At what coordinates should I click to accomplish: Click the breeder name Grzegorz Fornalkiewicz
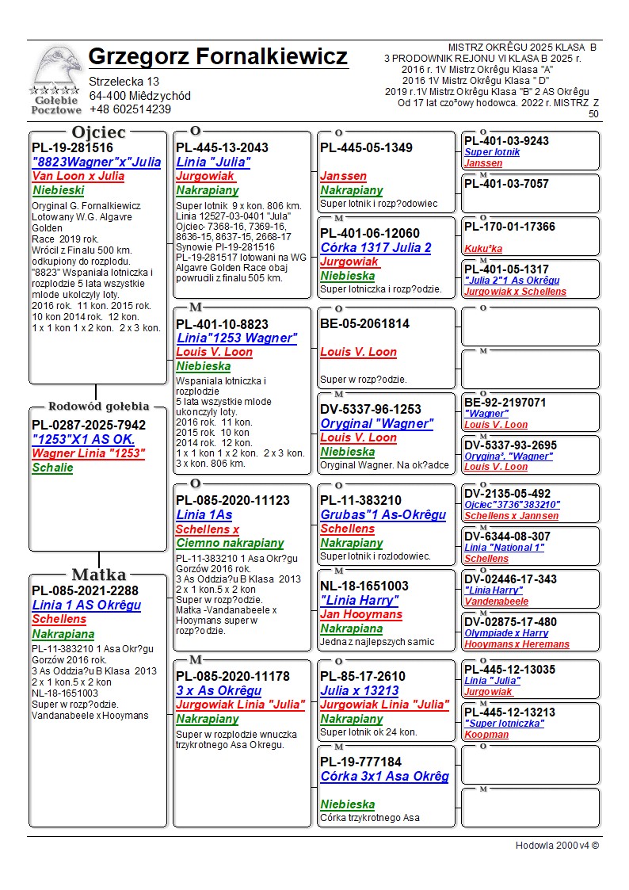click(x=218, y=57)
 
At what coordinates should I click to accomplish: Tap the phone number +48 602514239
click(x=130, y=109)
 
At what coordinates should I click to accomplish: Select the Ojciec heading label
click(x=98, y=132)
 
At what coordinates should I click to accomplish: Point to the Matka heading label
click(x=99, y=575)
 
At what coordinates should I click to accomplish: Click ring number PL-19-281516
click(x=72, y=147)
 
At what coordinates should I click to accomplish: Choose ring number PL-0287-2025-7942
click(x=89, y=426)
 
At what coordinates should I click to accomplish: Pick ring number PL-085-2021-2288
click(x=85, y=590)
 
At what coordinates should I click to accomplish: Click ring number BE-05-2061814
click(x=364, y=323)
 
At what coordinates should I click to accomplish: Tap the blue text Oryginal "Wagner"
click(x=377, y=423)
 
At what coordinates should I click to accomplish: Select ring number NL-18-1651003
click(x=364, y=586)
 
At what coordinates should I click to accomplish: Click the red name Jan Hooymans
click(x=362, y=614)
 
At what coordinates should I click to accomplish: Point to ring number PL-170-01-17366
click(x=509, y=227)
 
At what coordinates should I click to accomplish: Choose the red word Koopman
click(x=486, y=734)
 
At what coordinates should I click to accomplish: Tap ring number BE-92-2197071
click(x=505, y=403)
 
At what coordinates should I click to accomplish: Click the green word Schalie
click(x=52, y=468)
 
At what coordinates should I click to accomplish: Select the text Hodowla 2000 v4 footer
click(x=557, y=845)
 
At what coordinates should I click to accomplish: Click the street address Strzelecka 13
click(x=124, y=82)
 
